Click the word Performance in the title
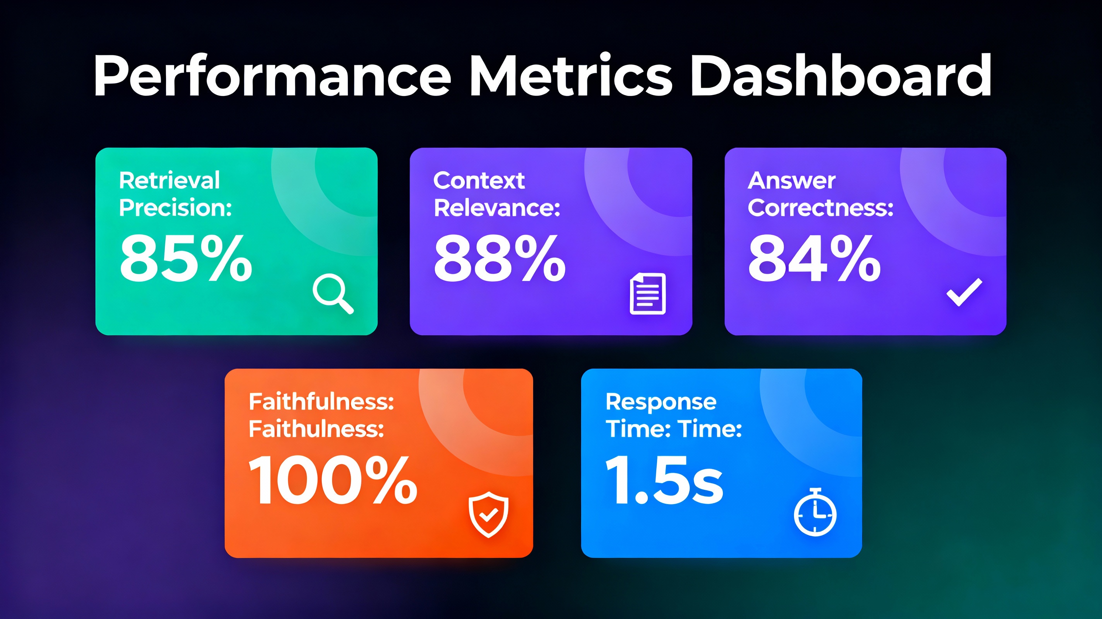pyautogui.click(x=272, y=76)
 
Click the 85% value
pyautogui.click(x=186, y=259)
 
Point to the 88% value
pyautogui.click(x=500, y=259)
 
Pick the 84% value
pyautogui.click(x=814, y=259)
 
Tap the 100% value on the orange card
pyautogui.click(x=333, y=480)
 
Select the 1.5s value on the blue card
pyautogui.click(x=664, y=480)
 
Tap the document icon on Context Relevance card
pyautogui.click(x=648, y=294)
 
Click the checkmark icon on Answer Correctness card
pyautogui.click(x=964, y=292)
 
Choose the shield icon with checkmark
pyautogui.click(x=488, y=514)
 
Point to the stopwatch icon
pyautogui.click(x=815, y=512)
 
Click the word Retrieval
pyautogui.click(x=169, y=180)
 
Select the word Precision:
pyautogui.click(x=175, y=208)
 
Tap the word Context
pyautogui.click(x=479, y=181)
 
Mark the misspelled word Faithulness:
pyautogui.click(x=316, y=429)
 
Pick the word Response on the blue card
pyautogui.click(x=661, y=402)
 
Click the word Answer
pyautogui.click(x=791, y=181)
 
